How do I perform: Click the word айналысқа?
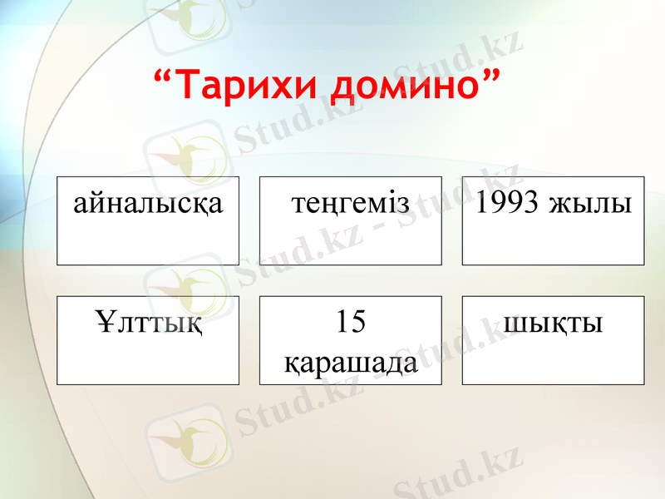[x=148, y=203]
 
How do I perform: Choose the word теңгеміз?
[x=351, y=203]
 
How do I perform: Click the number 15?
[x=351, y=322]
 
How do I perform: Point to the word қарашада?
[x=351, y=361]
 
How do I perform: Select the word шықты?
[x=553, y=323]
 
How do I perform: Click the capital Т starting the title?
[x=190, y=85]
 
